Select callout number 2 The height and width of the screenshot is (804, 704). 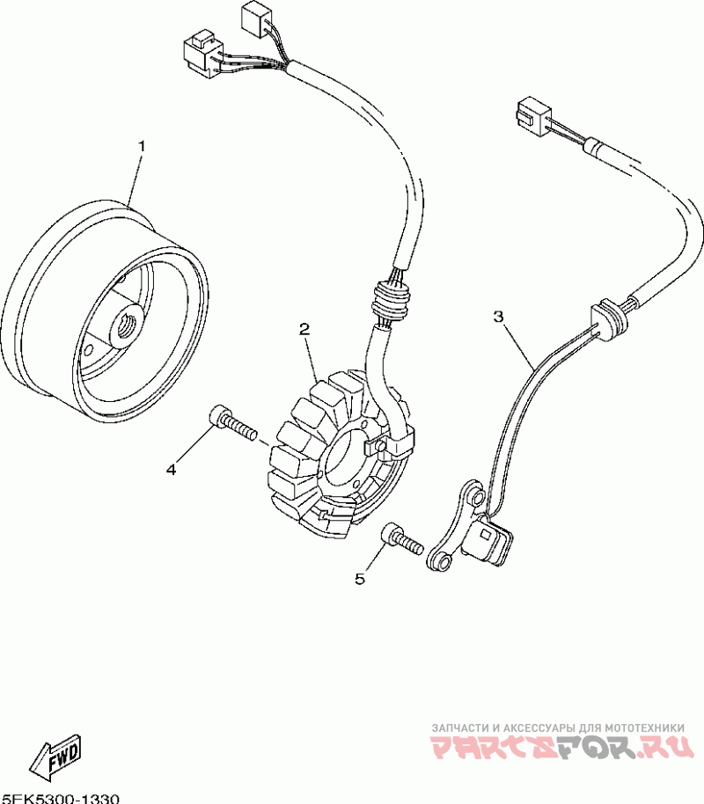click(304, 330)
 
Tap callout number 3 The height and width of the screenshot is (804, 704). click(498, 317)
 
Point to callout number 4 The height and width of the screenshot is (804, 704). click(171, 470)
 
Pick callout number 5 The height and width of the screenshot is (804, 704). click(359, 578)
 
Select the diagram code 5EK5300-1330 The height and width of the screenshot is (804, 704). click(60, 797)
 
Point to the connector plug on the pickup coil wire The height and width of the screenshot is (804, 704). click(532, 113)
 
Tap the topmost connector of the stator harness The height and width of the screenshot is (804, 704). click(255, 19)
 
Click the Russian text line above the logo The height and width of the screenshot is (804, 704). click(557, 728)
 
